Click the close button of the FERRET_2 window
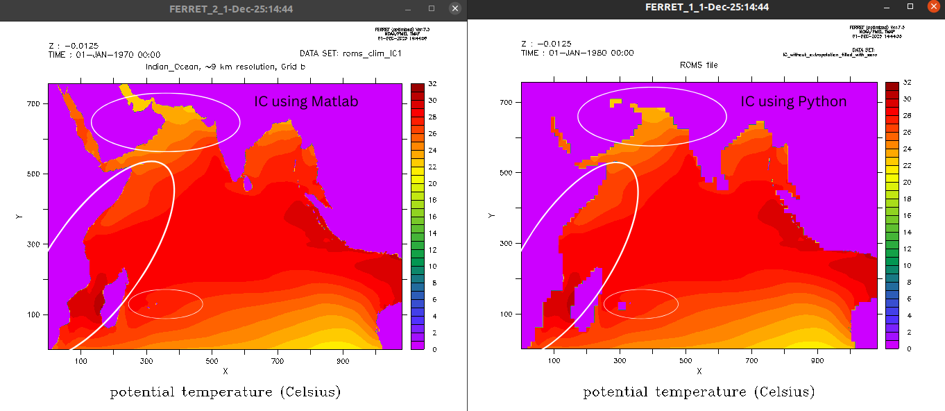455,8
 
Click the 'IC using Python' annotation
794,102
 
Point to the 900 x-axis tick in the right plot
817,360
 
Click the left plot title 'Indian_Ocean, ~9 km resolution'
225,67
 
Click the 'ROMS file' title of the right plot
698,65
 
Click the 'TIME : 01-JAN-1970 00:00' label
104,54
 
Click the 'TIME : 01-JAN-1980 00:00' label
577,53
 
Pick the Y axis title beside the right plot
492,215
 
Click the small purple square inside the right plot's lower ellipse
622,305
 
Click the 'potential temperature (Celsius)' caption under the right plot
698,392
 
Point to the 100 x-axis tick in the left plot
80,361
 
